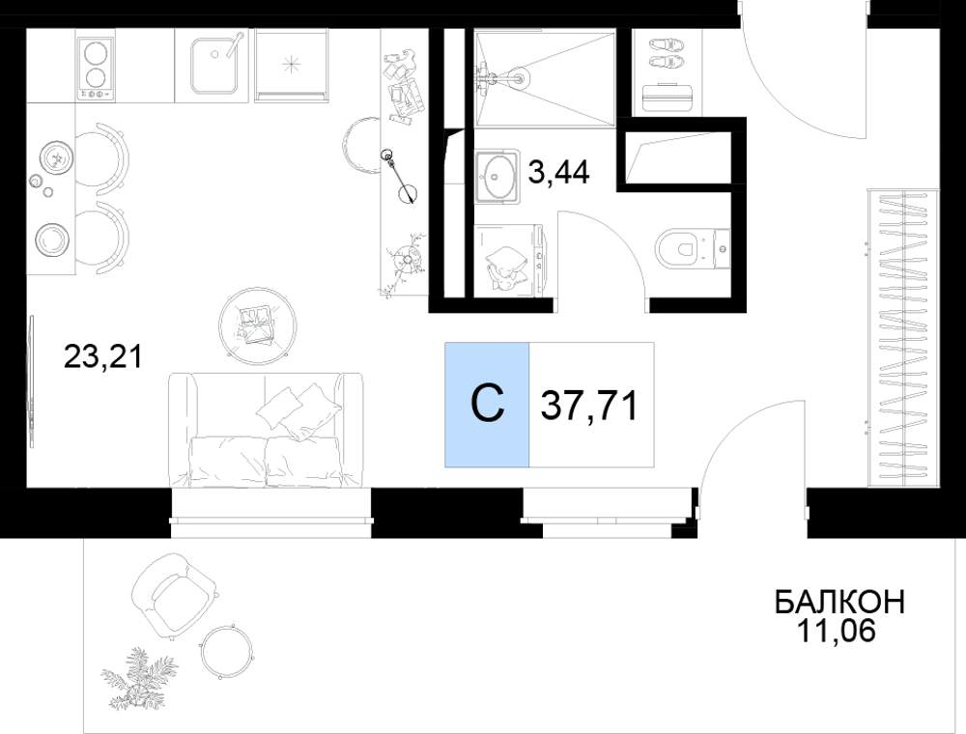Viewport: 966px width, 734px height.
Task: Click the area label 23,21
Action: click(103, 356)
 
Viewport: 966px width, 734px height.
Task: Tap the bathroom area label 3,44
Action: click(558, 172)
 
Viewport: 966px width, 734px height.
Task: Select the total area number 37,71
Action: click(589, 406)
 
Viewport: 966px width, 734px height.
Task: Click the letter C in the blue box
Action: click(487, 405)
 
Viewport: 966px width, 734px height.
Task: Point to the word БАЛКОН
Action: click(839, 602)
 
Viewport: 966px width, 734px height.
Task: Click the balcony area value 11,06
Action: click(836, 631)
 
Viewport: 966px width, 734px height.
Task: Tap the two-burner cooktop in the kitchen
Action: click(96, 68)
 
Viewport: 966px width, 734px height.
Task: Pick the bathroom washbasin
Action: click(497, 176)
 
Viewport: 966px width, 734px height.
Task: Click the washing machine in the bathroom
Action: click(509, 259)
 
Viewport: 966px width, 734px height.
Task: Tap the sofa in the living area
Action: click(266, 430)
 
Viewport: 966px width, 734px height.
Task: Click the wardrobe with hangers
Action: click(903, 337)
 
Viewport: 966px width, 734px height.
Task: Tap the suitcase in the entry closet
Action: click(668, 98)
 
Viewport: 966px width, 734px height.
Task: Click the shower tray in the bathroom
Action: click(545, 79)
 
